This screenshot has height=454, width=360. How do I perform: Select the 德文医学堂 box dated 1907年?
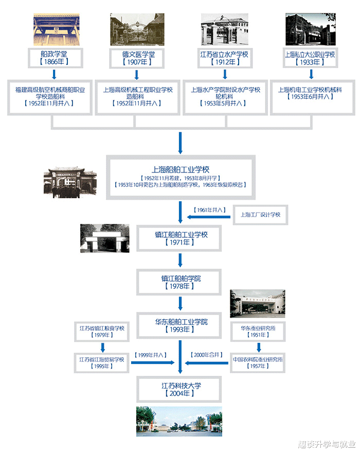pos(136,57)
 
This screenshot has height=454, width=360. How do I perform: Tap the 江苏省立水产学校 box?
pos(225,57)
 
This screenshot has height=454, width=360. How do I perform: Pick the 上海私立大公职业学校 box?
pos(310,57)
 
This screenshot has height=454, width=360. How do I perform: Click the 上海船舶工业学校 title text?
pos(180,169)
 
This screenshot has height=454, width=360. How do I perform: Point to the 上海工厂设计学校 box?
pos(261,215)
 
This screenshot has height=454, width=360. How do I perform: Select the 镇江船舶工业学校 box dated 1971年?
pos(180,238)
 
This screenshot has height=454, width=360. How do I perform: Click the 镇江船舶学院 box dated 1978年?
pos(180,282)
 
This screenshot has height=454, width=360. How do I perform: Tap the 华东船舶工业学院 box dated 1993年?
pos(180,325)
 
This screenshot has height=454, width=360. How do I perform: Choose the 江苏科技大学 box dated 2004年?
pos(180,389)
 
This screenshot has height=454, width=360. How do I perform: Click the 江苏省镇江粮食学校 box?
pos(102,331)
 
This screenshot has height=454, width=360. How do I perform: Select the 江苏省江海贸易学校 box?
pos(102,362)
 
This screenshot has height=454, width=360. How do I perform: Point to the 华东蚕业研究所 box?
pos(258,331)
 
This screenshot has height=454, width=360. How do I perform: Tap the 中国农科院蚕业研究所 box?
pos(258,362)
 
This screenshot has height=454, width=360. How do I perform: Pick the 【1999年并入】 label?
pos(151,355)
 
